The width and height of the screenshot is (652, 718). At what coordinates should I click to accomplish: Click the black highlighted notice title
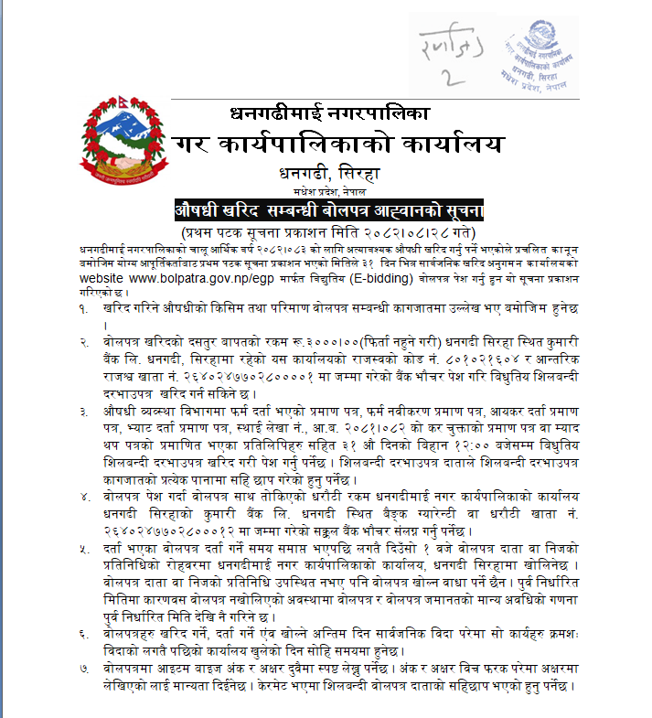point(328,210)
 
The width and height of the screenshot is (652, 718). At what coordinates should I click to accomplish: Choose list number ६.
point(85,633)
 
